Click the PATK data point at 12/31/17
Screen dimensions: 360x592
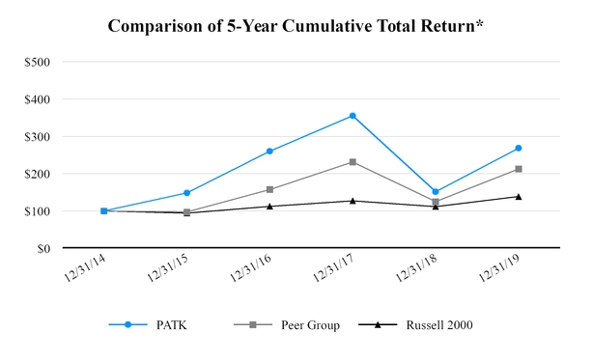pos(352,116)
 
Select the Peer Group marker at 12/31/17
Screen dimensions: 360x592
pos(352,162)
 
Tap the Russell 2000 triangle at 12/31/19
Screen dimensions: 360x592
pos(519,197)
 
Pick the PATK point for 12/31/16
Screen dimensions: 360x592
pos(269,152)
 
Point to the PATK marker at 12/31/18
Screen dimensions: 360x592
pos(436,192)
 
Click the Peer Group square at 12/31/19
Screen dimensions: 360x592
pos(519,169)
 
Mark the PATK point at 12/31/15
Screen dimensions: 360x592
pos(186,193)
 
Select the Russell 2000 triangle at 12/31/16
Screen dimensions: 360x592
pos(269,207)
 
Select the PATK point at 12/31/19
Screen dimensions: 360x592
pos(519,148)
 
